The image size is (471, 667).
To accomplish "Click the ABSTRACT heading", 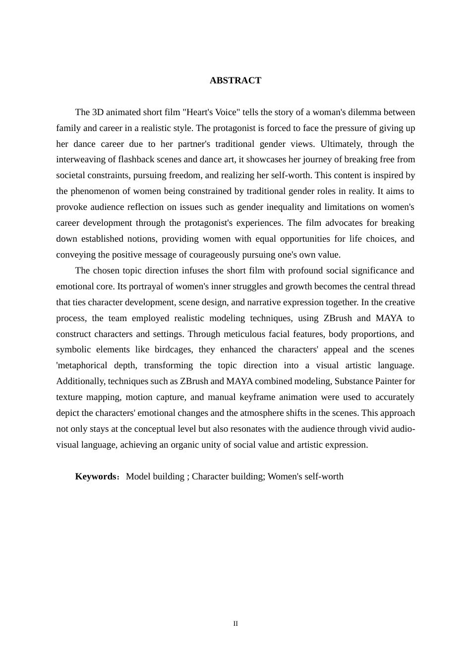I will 235,80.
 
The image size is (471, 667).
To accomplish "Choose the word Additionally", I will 81,381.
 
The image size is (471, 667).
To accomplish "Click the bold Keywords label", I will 96,476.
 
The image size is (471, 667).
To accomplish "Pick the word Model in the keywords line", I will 137,476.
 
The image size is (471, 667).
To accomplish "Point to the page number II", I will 235,624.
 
